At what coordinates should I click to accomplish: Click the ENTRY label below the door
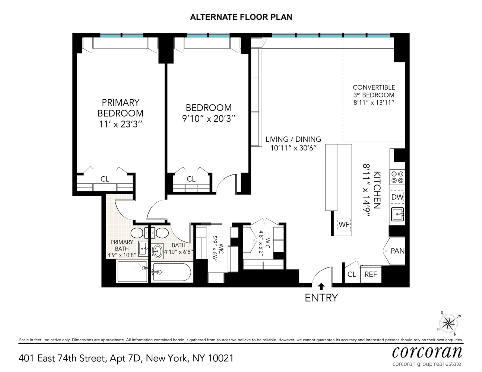click(x=321, y=298)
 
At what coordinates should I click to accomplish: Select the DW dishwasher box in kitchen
click(x=397, y=197)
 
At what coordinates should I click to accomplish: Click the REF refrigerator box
click(x=371, y=275)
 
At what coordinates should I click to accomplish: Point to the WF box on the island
click(x=344, y=224)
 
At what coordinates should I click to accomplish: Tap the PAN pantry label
click(x=397, y=251)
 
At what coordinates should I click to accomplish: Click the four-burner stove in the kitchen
click(x=397, y=177)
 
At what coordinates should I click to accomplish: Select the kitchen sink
click(x=397, y=214)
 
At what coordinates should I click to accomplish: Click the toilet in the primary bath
click(x=140, y=233)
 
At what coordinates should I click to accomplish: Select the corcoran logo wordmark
click(x=427, y=352)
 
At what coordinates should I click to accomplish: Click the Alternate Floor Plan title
click(x=241, y=17)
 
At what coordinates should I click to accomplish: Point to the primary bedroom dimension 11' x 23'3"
click(x=121, y=125)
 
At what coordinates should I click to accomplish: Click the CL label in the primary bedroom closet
click(x=105, y=179)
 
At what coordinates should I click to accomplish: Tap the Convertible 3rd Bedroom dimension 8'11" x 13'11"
click(x=374, y=102)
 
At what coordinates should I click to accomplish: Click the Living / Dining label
click(x=293, y=139)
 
